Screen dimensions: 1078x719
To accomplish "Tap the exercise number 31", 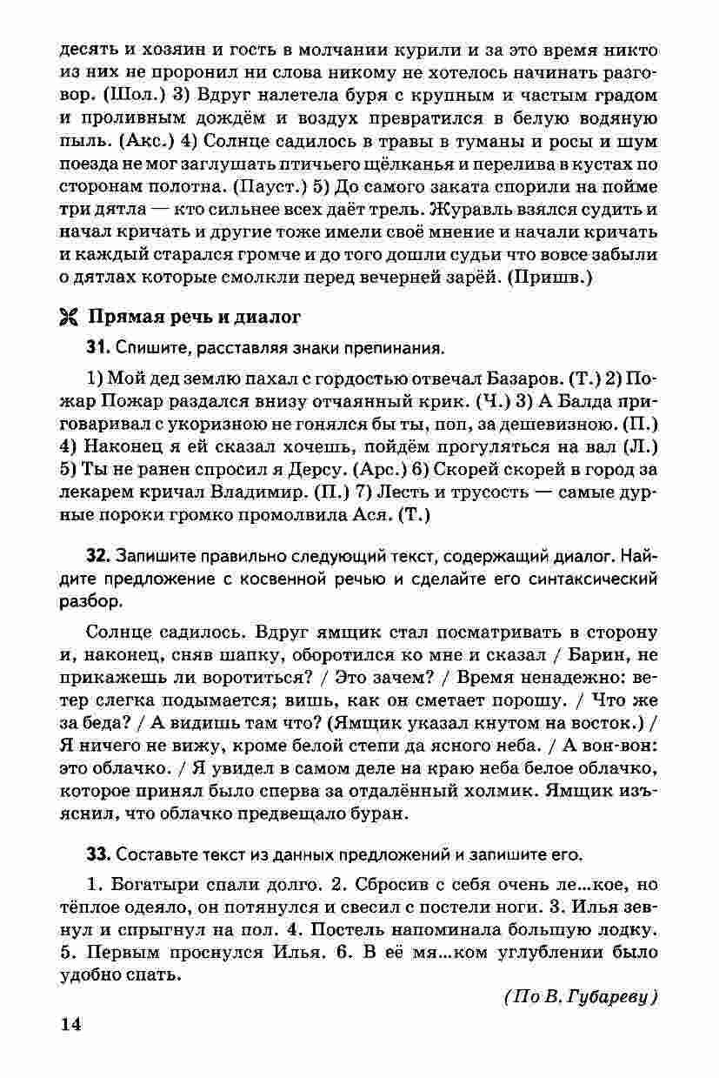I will (97, 348).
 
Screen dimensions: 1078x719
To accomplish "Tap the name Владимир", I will (269, 492).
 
